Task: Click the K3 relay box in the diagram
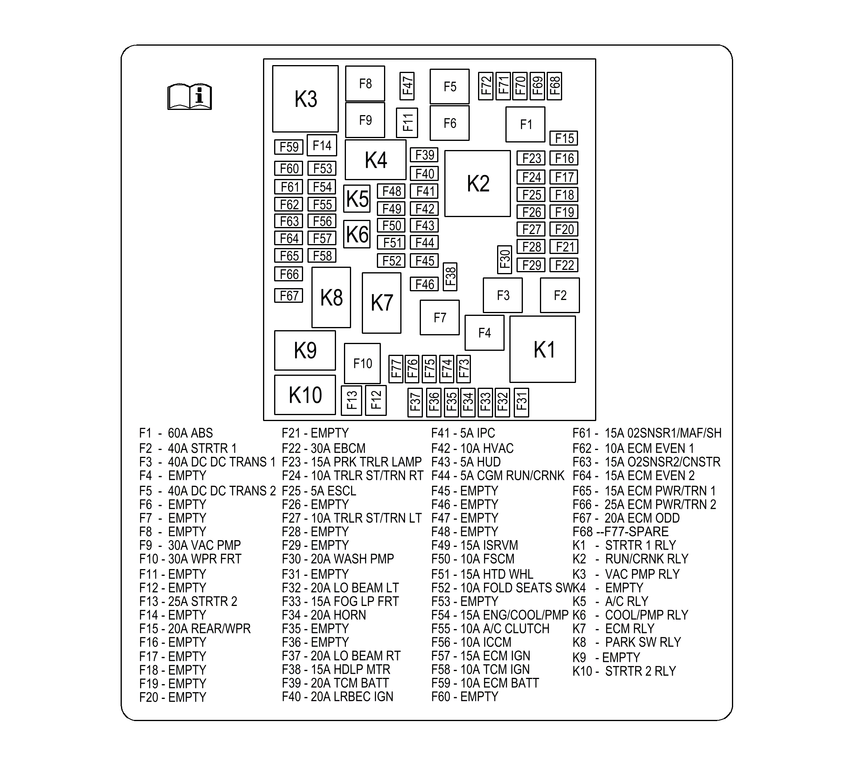pyautogui.click(x=305, y=99)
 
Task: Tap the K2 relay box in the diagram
pyautogui.click(x=477, y=183)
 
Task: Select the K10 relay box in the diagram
pyautogui.click(x=305, y=395)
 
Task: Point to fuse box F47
pyautogui.click(x=407, y=86)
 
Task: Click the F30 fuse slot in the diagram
pyautogui.click(x=505, y=259)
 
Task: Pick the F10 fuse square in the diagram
pyautogui.click(x=362, y=364)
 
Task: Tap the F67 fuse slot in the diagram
pyautogui.click(x=288, y=295)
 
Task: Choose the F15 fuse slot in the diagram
pyautogui.click(x=564, y=138)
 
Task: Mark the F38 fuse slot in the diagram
pyautogui.click(x=450, y=276)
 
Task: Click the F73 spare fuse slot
pyautogui.click(x=463, y=369)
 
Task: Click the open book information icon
pyautogui.click(x=190, y=97)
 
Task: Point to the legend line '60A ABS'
pyautogui.click(x=190, y=433)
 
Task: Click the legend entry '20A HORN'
pyautogui.click(x=338, y=615)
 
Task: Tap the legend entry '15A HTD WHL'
pyautogui.click(x=497, y=574)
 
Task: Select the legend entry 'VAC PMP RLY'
pyautogui.click(x=642, y=574)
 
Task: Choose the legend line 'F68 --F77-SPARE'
pyautogui.click(x=620, y=532)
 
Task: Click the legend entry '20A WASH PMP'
pyautogui.click(x=352, y=559)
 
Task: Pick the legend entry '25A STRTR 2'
pyautogui.click(x=203, y=601)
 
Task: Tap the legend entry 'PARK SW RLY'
pyautogui.click(x=643, y=642)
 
